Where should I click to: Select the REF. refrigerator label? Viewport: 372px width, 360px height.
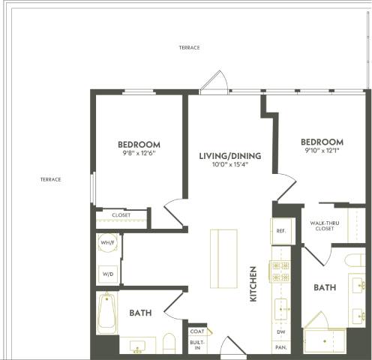(x=280, y=231)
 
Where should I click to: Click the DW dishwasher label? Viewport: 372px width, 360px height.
(x=280, y=331)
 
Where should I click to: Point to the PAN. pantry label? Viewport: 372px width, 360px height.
(x=280, y=348)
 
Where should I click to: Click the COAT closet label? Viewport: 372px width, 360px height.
(x=198, y=331)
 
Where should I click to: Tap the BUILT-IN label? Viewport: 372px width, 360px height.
(x=198, y=344)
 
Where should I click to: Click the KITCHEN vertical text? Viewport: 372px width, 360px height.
(x=254, y=283)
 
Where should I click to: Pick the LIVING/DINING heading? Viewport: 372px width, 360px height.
(x=229, y=156)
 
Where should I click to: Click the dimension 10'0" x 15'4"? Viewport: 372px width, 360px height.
(x=229, y=165)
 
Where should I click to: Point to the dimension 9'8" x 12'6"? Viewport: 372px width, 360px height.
(x=139, y=154)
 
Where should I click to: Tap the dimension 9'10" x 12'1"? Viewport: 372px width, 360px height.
(x=322, y=151)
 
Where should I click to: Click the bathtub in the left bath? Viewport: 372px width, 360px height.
(x=106, y=315)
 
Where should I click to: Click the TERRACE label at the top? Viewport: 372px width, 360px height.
(x=189, y=47)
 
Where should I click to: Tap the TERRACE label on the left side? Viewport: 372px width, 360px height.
(x=50, y=179)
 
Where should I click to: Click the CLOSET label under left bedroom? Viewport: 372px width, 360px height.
(x=121, y=215)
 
